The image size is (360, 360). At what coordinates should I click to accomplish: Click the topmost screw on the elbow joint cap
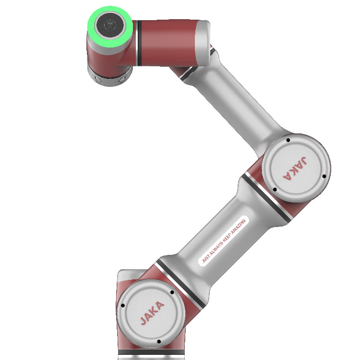(x=288, y=141)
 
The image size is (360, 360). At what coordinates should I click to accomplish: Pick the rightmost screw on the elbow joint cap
(x=324, y=176)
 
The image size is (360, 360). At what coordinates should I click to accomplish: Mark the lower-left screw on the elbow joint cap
(x=275, y=189)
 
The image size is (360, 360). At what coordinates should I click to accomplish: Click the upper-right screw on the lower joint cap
(x=171, y=292)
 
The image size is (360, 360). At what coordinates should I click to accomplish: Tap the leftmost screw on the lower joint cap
(x=123, y=305)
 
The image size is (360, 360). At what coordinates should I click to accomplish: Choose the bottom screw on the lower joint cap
(x=159, y=342)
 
